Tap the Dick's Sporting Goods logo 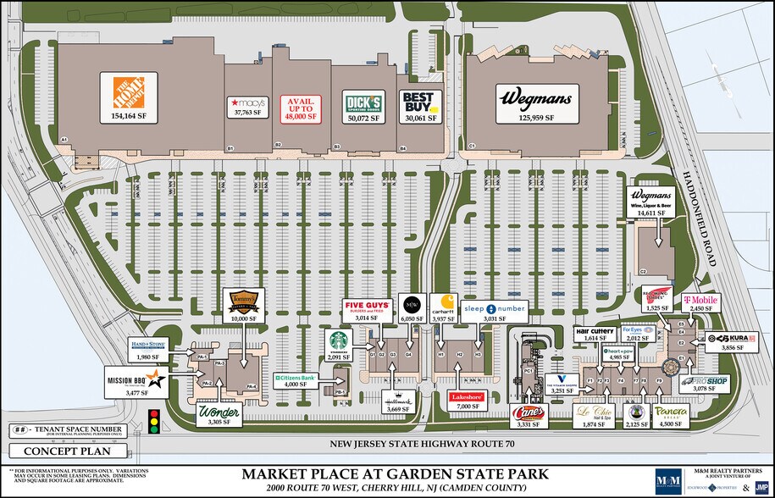(362, 102)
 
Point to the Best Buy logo (421, 101)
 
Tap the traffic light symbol (154, 420)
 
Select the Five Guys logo (366, 307)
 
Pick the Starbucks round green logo (340, 338)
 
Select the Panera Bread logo (671, 412)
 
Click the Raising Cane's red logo (530, 412)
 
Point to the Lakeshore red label (467, 396)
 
